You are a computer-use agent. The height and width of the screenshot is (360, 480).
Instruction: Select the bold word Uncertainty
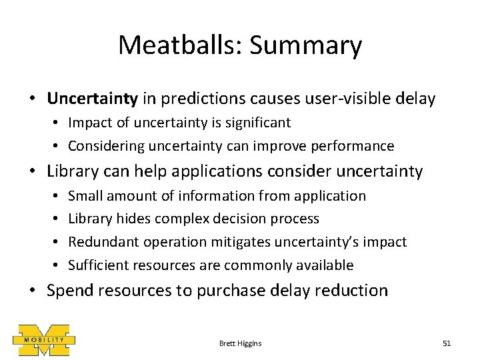[x=92, y=99]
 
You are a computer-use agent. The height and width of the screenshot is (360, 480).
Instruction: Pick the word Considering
[x=102, y=145]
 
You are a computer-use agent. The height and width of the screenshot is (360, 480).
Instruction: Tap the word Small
[x=86, y=196]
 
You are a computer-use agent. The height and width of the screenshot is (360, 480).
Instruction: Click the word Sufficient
[x=99, y=265]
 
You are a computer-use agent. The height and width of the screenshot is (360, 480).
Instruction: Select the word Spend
[x=71, y=291]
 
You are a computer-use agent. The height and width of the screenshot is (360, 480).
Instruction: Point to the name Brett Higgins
[x=240, y=343]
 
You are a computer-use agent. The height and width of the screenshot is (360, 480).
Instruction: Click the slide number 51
[x=447, y=343]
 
